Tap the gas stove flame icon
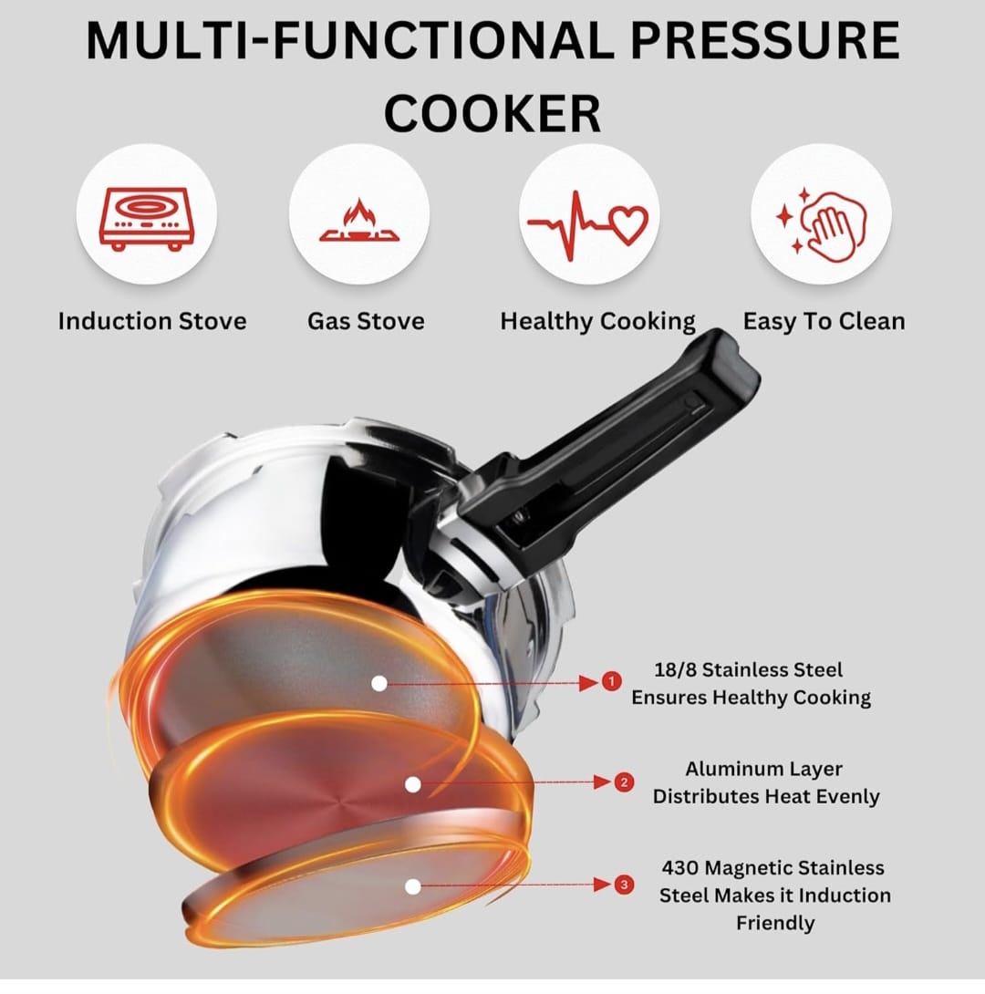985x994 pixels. [x=358, y=222]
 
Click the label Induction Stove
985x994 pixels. [x=152, y=321]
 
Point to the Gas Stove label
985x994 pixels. [x=366, y=321]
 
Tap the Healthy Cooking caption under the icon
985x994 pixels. [x=597, y=321]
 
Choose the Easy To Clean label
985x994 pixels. [x=824, y=321]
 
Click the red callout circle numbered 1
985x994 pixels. [x=611, y=681]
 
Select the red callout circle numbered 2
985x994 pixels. [x=624, y=782]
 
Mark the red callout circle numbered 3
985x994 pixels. [x=624, y=884]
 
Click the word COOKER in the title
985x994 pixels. [x=493, y=113]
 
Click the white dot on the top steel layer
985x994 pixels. [x=379, y=682]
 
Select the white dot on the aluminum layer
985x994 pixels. [x=412, y=783]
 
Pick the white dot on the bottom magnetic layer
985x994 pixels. [x=412, y=885]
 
